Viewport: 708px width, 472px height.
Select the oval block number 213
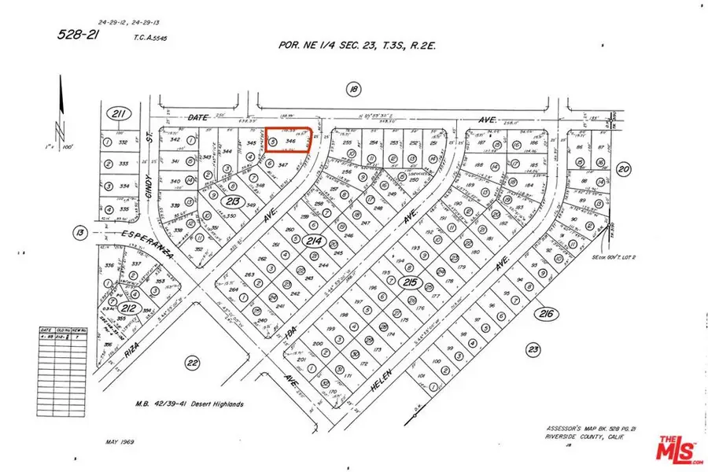pos(231,201)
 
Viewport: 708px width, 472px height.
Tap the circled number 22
pos(191,362)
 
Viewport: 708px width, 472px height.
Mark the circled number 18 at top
pos(353,91)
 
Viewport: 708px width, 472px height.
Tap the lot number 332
pos(123,143)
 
